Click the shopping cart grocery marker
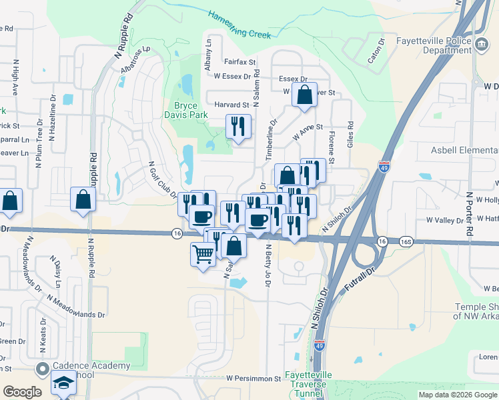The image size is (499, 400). [203, 253]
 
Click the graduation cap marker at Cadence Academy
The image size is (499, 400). [64, 383]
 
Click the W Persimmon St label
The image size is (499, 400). [254, 378]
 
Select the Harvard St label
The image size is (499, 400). [231, 105]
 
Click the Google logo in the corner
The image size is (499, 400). [23, 392]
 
